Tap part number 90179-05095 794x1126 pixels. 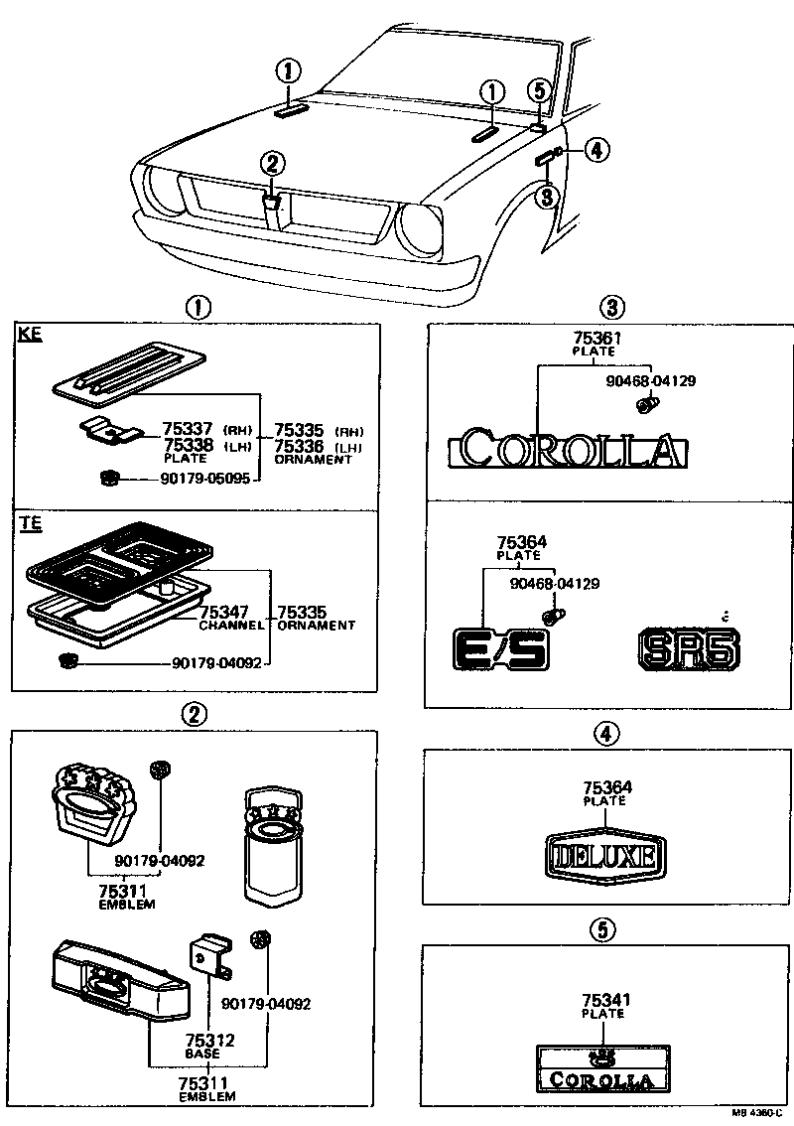(x=209, y=479)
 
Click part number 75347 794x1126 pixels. (x=223, y=613)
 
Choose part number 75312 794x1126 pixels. (x=209, y=1040)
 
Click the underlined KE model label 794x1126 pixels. (x=30, y=335)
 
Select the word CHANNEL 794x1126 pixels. (x=230, y=626)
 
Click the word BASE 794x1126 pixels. (x=202, y=1053)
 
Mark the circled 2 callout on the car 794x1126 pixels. (x=275, y=163)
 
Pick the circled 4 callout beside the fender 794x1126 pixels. (x=595, y=151)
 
